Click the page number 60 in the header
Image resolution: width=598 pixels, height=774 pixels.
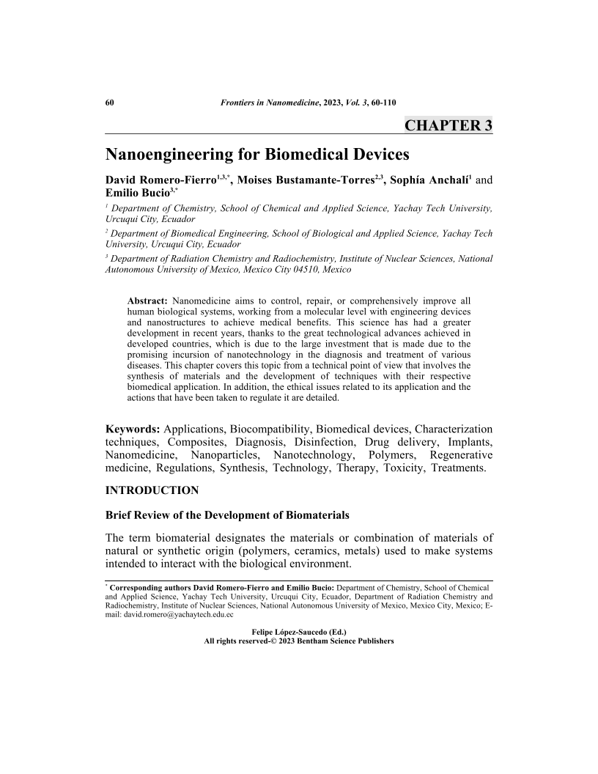pos(111,102)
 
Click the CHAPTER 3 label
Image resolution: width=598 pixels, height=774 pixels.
pos(448,125)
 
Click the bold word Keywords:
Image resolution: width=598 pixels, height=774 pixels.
pos(133,428)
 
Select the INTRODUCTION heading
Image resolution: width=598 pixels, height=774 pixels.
pos(152,490)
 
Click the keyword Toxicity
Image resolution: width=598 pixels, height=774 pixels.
pos(404,468)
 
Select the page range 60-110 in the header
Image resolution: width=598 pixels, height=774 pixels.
pos(383,102)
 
